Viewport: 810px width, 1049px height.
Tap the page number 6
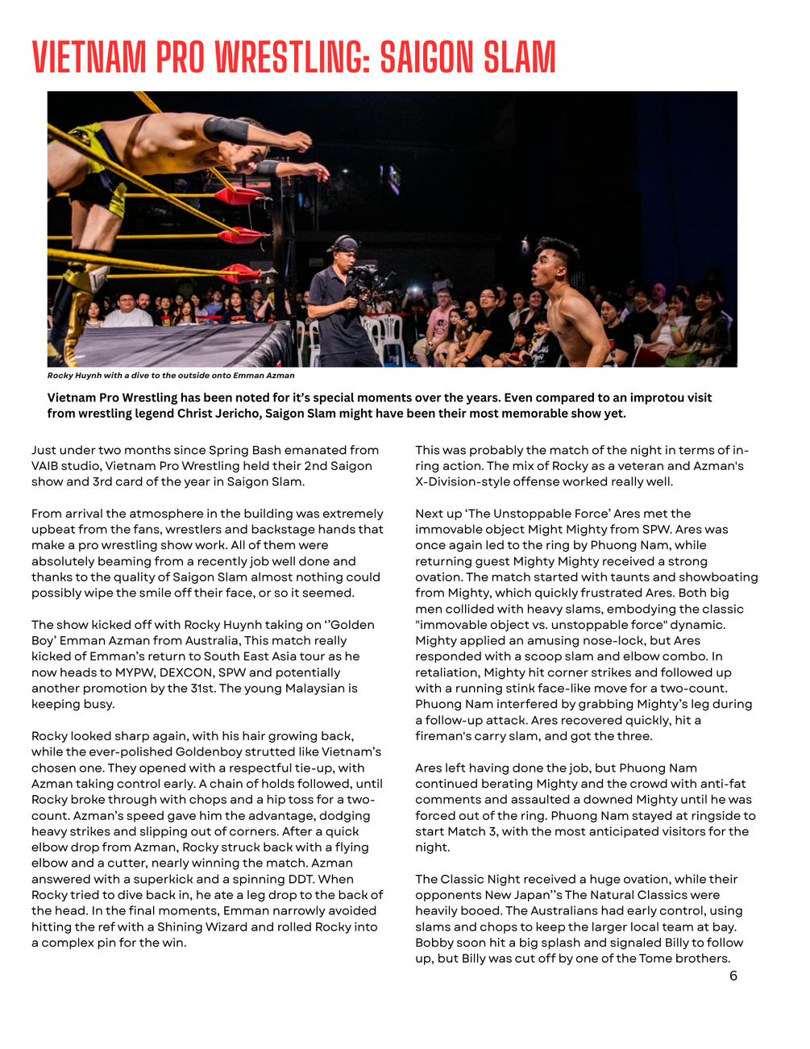click(x=733, y=976)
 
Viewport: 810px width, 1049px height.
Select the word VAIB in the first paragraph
click(x=48, y=466)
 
